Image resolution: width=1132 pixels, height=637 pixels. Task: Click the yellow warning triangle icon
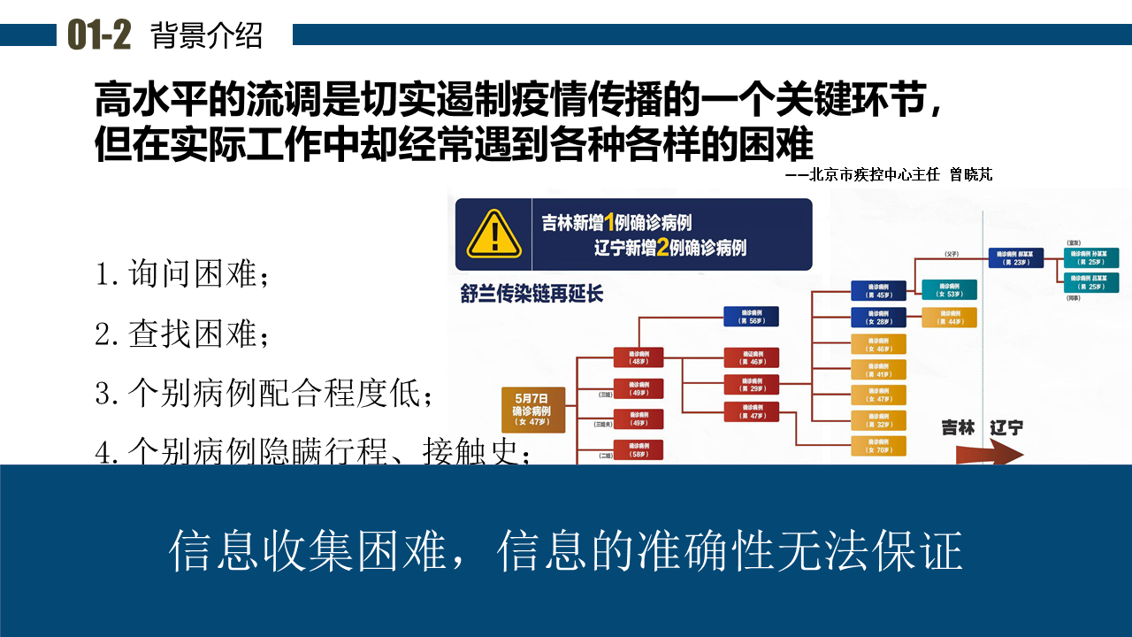(x=493, y=234)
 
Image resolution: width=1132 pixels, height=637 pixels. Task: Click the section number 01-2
(x=99, y=35)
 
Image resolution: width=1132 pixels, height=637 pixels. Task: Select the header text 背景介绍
(x=207, y=35)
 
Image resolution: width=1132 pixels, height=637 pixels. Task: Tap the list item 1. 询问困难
(x=181, y=274)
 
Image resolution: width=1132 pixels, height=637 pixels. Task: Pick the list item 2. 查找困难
(x=181, y=334)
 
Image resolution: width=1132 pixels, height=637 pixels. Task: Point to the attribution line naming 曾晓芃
(x=888, y=175)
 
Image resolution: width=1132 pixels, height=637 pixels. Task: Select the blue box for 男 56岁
(x=751, y=317)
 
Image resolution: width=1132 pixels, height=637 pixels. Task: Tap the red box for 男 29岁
(x=751, y=385)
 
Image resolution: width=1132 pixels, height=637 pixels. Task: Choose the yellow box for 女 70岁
(x=878, y=446)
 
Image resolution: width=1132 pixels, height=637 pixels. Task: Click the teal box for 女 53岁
(x=949, y=290)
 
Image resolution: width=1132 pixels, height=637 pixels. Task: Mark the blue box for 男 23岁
(x=1015, y=257)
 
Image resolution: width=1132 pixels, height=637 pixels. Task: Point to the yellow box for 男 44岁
(x=949, y=318)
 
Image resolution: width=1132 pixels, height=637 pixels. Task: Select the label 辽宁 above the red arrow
(x=1006, y=427)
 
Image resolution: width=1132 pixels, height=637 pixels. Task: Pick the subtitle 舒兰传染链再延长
(x=532, y=293)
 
